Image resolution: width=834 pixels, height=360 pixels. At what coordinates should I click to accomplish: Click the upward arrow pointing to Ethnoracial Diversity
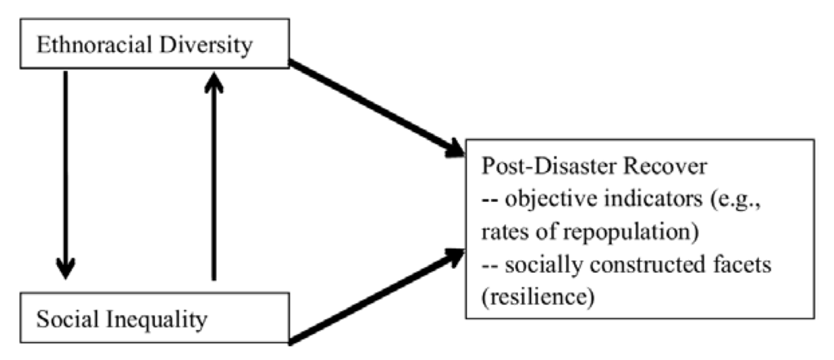point(213,174)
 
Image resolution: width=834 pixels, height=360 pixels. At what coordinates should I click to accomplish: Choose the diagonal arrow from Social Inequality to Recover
point(375,297)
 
